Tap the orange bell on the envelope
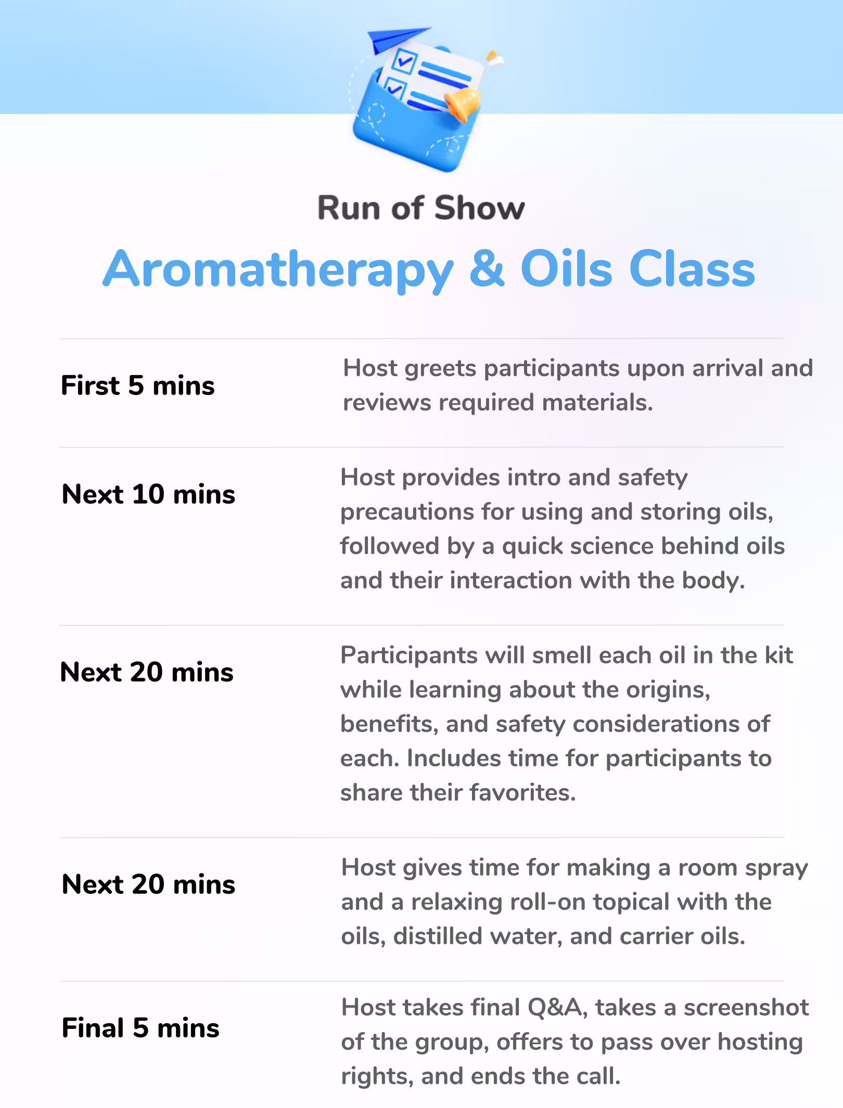click(462, 104)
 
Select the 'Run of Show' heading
click(421, 208)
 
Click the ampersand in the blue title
click(487, 268)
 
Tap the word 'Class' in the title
click(692, 268)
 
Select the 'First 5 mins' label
click(138, 385)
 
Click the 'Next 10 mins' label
click(148, 494)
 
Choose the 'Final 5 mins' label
click(140, 1028)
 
